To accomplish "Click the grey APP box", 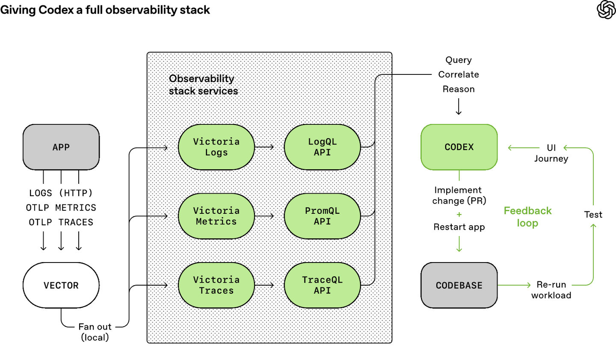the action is coord(61,147).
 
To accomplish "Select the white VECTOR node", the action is coord(61,285).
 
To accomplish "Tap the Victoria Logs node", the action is coord(216,147).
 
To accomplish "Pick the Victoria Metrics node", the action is coord(216,216).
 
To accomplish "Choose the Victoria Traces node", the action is coord(216,285).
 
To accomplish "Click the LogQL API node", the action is coord(322,147).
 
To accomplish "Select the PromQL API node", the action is coord(322,216).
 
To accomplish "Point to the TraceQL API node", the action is coord(322,285).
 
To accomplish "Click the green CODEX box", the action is coord(459,147).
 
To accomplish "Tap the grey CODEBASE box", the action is coord(459,285).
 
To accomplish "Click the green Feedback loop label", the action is coord(527,217).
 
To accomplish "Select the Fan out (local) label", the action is coord(95,332).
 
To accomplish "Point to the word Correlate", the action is coord(459,74).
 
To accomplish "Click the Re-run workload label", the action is coord(551,290).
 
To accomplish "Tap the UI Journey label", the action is coord(551,153).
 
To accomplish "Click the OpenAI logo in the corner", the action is coord(606,9).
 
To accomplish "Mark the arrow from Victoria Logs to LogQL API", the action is coord(264,147).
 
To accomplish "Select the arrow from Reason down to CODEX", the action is coord(459,106).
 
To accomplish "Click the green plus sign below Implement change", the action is coord(459,214).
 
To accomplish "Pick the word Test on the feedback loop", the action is coord(593,214).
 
